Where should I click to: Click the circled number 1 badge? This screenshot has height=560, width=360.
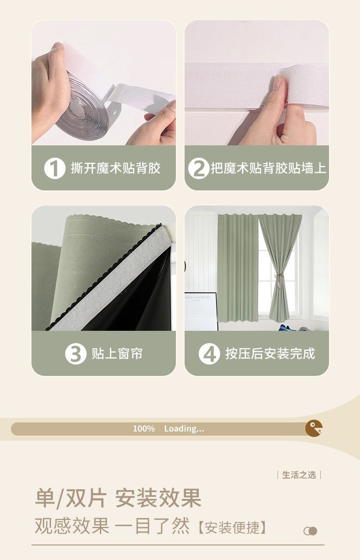pyautogui.click(x=55, y=168)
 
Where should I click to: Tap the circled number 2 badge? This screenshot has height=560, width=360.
pyautogui.click(x=199, y=168)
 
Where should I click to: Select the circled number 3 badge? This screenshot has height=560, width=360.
pyautogui.click(x=76, y=354)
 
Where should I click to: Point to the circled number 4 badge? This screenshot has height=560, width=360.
pyautogui.click(x=209, y=354)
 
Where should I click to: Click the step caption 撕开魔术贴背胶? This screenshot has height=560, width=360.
pyautogui.click(x=115, y=168)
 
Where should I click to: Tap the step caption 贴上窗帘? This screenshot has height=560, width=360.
pyautogui.click(x=117, y=354)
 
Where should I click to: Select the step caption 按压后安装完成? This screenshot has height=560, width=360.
pyautogui.click(x=270, y=354)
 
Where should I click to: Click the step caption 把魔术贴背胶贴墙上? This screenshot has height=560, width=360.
pyautogui.click(x=268, y=168)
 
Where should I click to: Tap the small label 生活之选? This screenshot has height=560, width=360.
pyautogui.click(x=299, y=475)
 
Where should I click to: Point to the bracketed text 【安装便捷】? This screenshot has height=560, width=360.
pyautogui.click(x=232, y=528)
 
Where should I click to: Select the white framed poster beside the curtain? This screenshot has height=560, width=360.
pyautogui.click(x=201, y=311)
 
